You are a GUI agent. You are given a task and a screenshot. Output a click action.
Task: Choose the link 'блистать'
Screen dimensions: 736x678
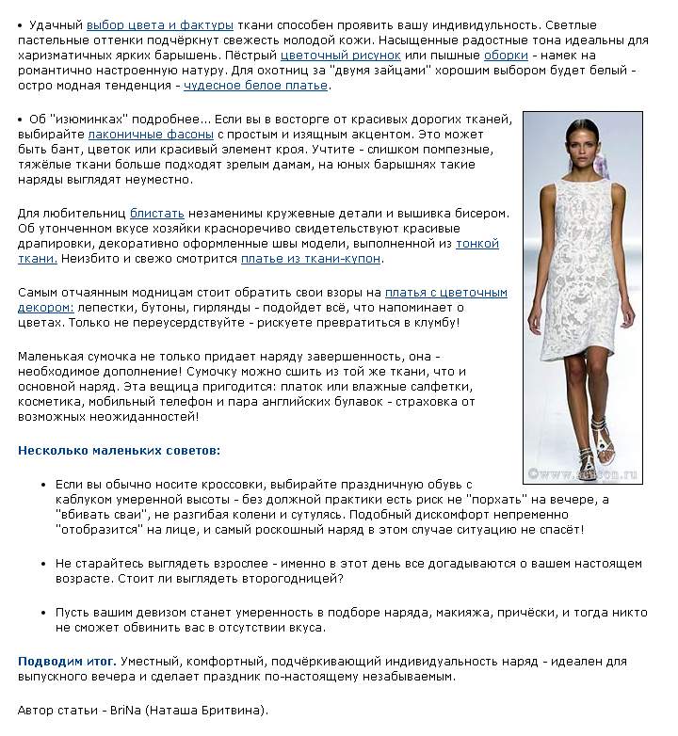(x=157, y=214)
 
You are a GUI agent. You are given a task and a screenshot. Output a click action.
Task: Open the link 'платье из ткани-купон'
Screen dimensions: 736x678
(x=311, y=259)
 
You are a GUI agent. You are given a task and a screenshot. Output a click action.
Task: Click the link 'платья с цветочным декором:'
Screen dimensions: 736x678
(x=445, y=293)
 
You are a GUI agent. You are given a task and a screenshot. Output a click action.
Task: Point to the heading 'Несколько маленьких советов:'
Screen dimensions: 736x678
(x=119, y=451)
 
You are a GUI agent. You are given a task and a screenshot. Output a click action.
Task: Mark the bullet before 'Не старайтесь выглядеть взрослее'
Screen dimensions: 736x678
(x=43, y=563)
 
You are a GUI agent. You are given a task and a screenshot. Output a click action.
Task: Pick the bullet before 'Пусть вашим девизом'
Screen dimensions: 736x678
(x=43, y=612)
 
